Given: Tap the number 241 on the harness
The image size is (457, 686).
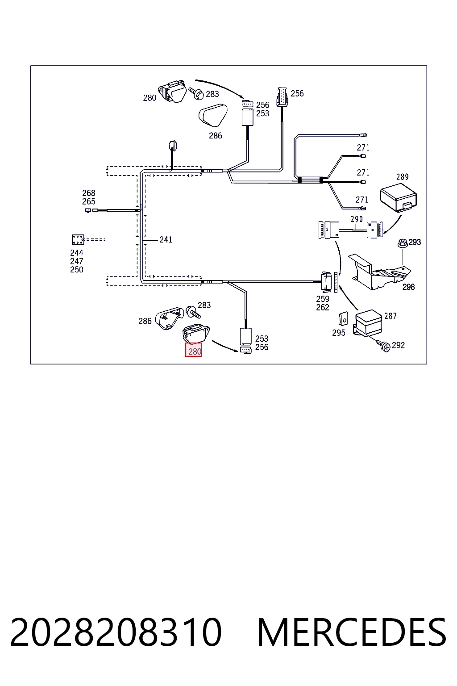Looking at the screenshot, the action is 166,239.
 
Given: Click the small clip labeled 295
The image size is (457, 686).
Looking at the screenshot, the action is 344,318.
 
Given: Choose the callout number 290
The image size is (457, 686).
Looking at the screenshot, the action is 357,219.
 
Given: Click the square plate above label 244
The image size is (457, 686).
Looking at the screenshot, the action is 78,239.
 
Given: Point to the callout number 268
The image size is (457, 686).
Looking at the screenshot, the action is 89,193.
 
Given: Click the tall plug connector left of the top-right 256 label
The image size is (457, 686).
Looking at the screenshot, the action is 282,97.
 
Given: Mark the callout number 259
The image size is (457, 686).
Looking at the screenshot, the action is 323,299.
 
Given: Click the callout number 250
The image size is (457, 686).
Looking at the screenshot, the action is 76,269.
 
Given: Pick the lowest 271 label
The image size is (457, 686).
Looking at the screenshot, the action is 362,200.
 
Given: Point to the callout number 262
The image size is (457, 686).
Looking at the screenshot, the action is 323,307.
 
